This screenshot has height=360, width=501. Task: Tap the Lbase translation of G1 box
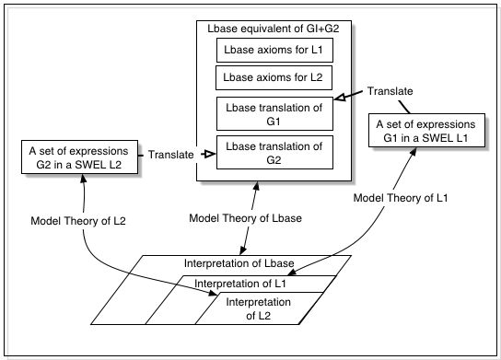click(x=274, y=113)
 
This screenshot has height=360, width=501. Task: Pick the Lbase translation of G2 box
click(x=274, y=151)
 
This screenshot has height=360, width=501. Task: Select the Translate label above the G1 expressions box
click(x=390, y=91)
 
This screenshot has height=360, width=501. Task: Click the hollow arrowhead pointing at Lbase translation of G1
click(x=338, y=96)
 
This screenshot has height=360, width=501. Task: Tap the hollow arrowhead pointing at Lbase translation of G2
click(x=208, y=155)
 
